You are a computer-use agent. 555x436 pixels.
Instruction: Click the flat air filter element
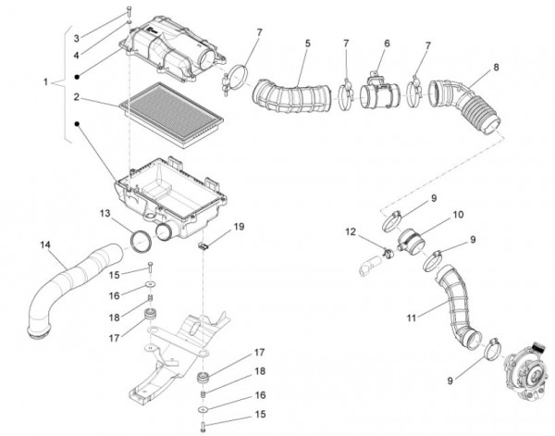[172, 115]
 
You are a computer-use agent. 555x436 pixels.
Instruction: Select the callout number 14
[45, 244]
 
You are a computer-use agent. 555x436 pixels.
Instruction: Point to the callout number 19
[240, 226]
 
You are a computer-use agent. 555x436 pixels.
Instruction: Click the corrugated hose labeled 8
[466, 106]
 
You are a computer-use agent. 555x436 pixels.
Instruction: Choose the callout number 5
[308, 44]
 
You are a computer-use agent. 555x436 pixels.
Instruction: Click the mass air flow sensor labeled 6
[380, 91]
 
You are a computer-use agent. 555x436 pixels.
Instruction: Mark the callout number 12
[351, 231]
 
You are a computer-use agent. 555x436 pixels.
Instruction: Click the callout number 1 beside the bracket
[45, 82]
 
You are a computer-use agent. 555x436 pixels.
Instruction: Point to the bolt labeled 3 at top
[129, 11]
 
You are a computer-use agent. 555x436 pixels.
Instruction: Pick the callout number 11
[411, 318]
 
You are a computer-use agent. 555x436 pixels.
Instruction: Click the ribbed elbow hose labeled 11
[457, 309]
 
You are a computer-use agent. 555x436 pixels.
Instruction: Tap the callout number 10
[458, 215]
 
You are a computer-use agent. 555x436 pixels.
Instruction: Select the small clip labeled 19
[203, 245]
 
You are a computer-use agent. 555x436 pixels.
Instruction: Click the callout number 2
[77, 96]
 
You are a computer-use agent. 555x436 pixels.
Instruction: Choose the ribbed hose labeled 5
[292, 96]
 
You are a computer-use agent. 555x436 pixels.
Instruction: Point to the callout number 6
[387, 44]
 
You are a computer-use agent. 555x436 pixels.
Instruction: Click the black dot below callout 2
[77, 124]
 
